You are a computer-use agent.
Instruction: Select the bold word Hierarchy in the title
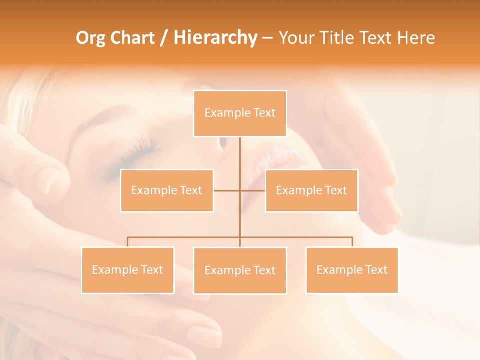pos(215,38)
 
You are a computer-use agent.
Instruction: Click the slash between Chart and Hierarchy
pos(163,38)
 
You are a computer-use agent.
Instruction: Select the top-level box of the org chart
pos(240,113)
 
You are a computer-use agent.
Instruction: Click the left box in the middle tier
pos(167,190)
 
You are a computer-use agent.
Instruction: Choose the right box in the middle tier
pos(311,190)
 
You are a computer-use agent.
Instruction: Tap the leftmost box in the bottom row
pos(128,270)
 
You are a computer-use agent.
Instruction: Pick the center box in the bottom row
pos(240,270)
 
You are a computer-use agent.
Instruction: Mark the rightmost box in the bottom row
pos(352,270)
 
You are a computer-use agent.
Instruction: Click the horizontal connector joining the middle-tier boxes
pos(227,190)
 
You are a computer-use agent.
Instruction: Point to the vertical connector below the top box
pos(240,155)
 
